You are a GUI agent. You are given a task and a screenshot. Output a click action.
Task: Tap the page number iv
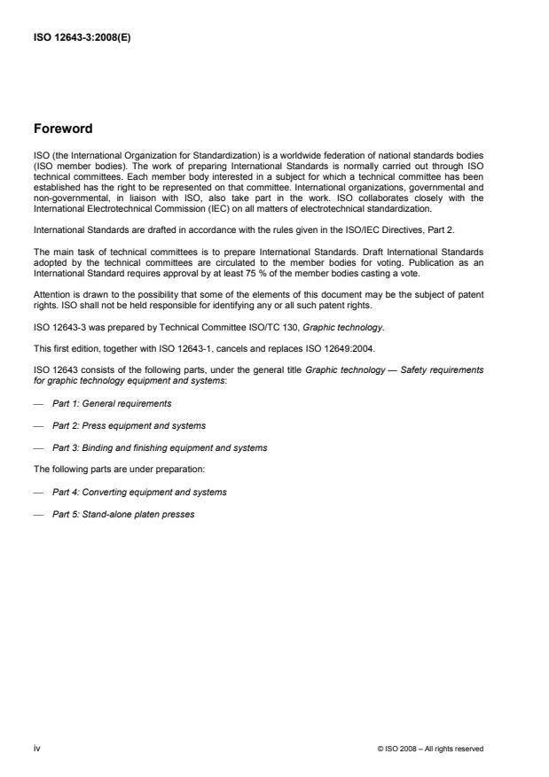[37, 748]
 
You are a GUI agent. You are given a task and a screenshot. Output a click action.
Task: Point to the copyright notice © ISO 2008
[430, 749]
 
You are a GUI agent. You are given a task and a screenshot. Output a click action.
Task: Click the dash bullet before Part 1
[38, 403]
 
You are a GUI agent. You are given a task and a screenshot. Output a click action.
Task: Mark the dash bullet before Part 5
[38, 514]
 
